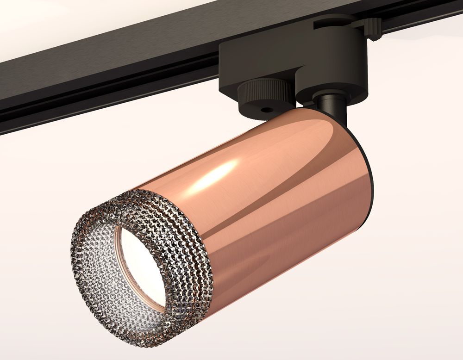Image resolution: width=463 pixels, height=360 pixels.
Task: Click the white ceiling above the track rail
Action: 69,23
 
